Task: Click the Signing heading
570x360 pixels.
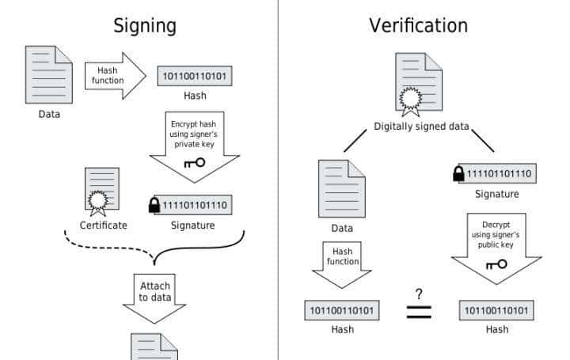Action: tap(145, 25)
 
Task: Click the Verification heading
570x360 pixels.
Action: tap(418, 25)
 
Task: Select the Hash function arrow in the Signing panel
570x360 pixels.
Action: tap(114, 76)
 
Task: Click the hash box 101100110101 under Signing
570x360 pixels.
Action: tap(195, 76)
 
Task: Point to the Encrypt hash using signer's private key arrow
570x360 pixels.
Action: tap(194, 142)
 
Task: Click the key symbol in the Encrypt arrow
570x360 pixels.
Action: tap(194, 162)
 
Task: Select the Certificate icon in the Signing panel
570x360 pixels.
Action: tap(102, 191)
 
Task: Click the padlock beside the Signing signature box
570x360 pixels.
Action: tap(154, 206)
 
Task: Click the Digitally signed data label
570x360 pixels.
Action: tap(421, 127)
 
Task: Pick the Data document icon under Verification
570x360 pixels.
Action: tap(341, 188)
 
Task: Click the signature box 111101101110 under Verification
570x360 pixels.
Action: tap(500, 174)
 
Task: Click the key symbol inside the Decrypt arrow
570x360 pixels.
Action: tap(496, 263)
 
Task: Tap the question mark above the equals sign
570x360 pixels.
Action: tap(419, 294)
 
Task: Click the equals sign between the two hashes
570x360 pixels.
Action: tap(419, 311)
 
